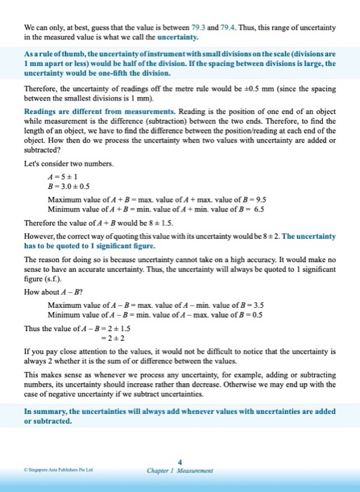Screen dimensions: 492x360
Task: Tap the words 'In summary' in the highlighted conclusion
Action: click(x=44, y=409)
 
